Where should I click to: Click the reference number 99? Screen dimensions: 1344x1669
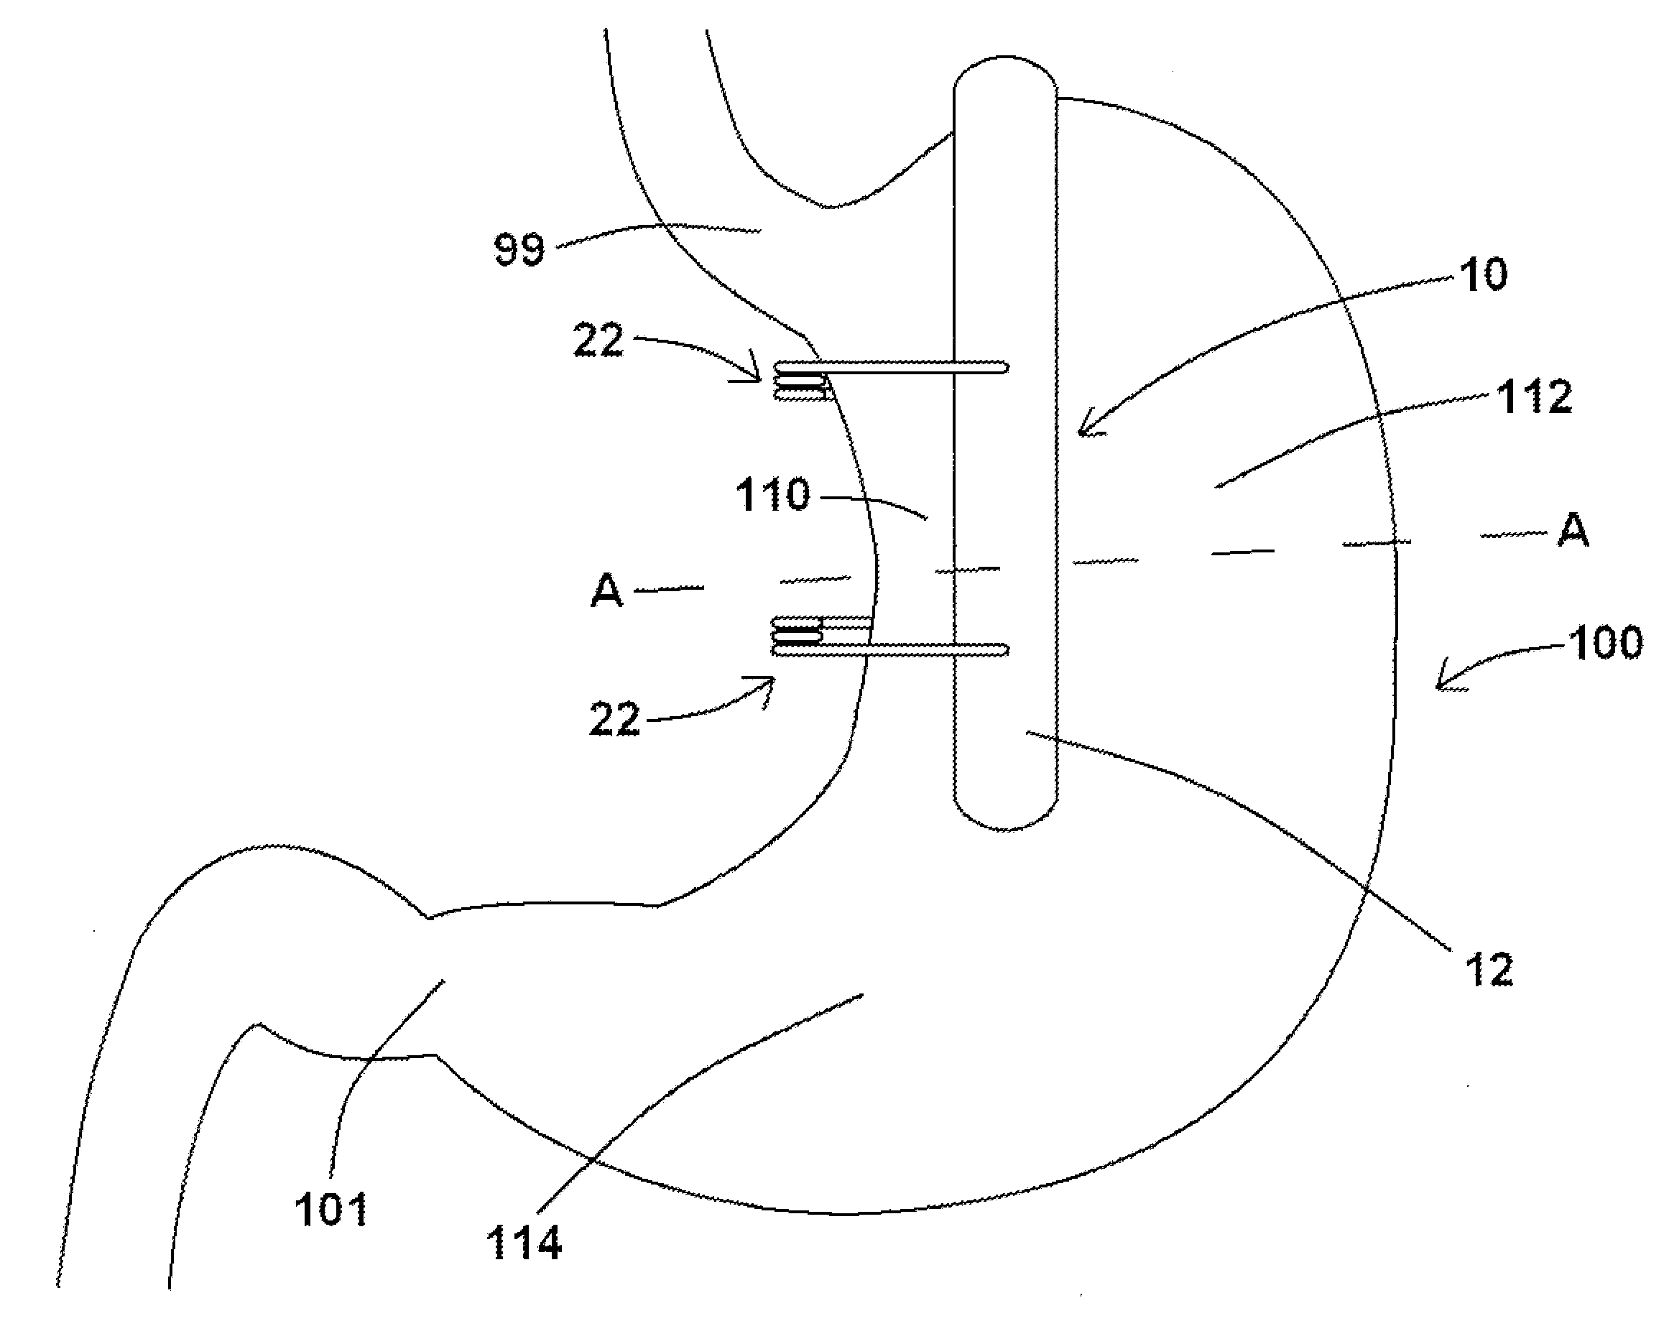pos(519,249)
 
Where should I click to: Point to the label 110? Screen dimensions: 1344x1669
pos(772,495)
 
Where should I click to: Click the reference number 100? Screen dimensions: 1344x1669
pos(1606,644)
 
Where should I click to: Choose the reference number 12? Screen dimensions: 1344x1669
pos(1489,969)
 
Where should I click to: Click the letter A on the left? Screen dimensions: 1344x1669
pos(607,592)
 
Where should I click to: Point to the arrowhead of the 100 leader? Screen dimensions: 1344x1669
pos(1441,685)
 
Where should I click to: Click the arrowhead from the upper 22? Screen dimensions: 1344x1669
pos(756,377)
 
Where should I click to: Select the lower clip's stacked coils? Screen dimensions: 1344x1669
pos(797,631)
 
